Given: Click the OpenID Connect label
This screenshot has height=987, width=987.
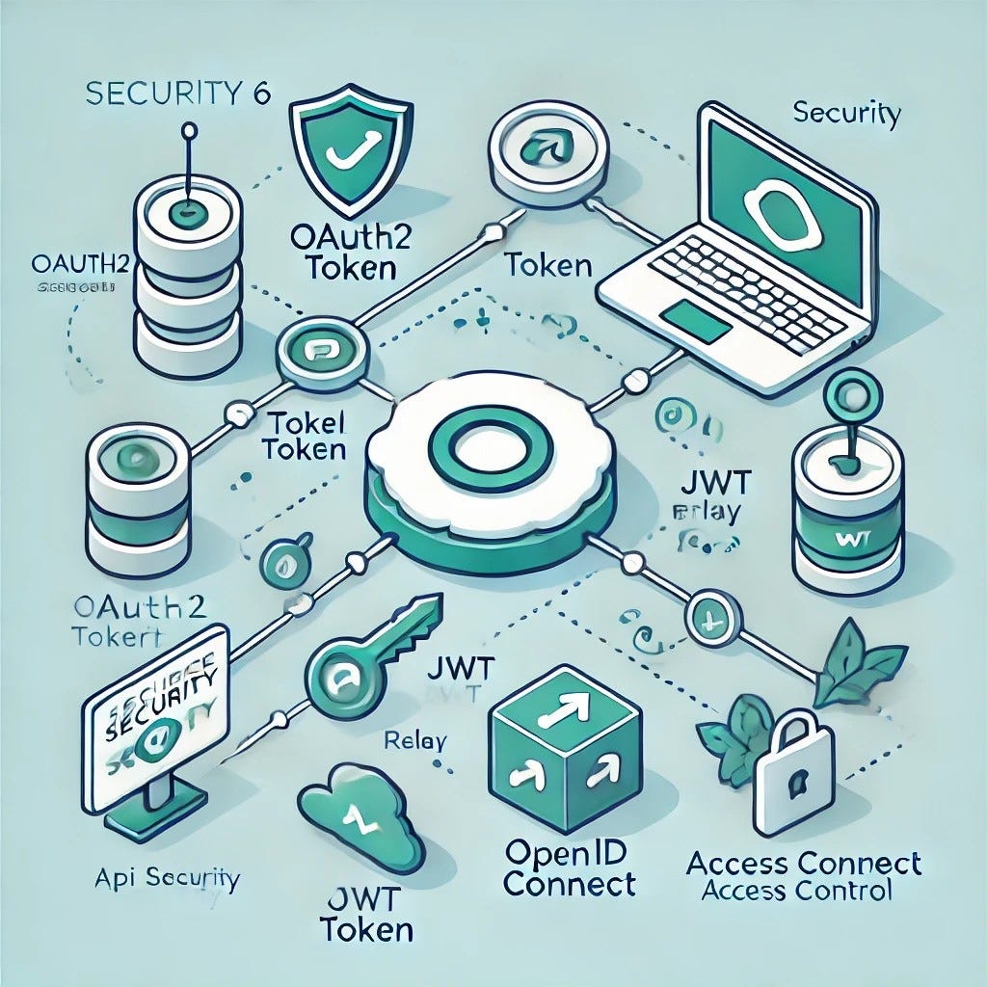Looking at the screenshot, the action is (569, 868).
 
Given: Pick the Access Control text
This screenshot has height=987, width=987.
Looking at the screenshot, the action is (796, 890).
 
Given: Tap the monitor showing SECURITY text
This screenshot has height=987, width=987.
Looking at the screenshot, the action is (154, 718).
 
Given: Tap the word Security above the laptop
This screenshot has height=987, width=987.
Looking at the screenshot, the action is (845, 115).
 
